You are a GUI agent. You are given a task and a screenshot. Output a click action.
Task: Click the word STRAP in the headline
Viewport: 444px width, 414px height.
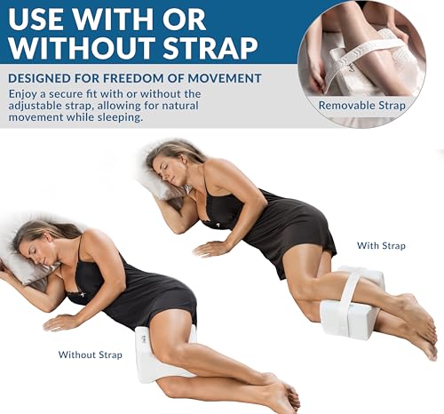point(210,47)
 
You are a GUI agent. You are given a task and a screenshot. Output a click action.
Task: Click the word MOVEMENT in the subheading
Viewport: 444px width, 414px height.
point(225,78)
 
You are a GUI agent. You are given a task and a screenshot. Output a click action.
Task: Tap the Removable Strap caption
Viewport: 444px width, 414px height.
point(361,106)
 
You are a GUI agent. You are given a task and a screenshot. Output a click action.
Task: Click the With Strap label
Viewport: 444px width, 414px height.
point(381,245)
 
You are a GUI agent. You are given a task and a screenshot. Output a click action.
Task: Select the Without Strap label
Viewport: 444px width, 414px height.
point(91,354)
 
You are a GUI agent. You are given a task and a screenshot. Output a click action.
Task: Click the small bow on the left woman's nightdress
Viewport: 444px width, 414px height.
point(83,295)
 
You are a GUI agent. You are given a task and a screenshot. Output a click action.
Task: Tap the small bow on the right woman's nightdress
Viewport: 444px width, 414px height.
point(217,225)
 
